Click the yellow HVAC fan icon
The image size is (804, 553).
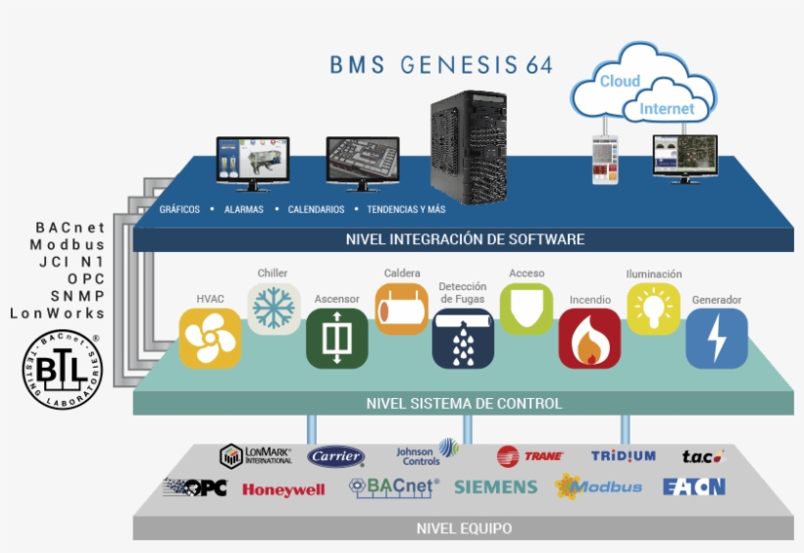coord(210,338)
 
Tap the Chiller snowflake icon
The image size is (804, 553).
coord(274,309)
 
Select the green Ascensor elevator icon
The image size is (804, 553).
coord(336,338)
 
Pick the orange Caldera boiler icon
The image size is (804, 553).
coord(401,309)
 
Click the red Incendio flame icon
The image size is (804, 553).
coord(589,338)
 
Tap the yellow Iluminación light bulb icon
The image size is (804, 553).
coord(654,309)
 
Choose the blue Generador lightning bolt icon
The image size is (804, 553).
coord(717,338)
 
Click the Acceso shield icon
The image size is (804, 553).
coord(527,308)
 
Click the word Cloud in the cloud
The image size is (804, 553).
coord(620,81)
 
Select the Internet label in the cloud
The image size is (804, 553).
coord(667,109)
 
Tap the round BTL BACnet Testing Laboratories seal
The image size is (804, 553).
coord(63,371)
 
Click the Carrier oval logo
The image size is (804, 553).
coord(336,456)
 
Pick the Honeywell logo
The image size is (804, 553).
coord(283,489)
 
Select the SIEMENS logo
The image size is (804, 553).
coord(495,486)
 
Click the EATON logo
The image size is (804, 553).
coord(693,486)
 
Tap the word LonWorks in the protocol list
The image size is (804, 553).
coord(57,314)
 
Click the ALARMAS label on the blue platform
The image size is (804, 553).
coord(243,210)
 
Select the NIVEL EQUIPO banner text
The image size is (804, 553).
coord(464,528)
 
